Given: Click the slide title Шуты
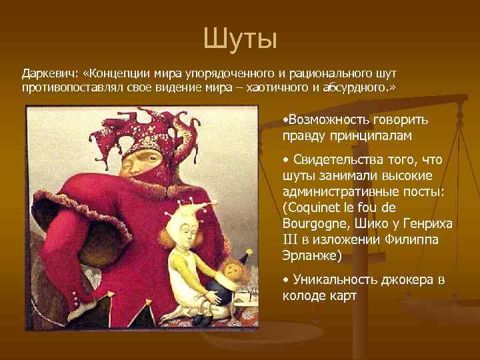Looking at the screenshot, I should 239,39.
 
